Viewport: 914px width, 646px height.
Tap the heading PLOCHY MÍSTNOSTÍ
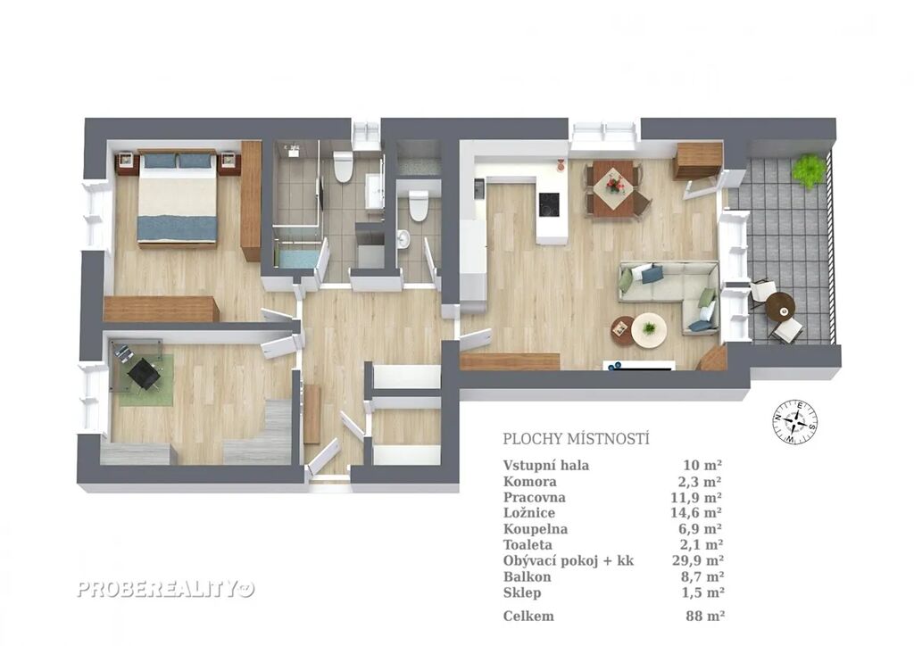tap(576, 439)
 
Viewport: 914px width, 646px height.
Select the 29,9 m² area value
tap(698, 561)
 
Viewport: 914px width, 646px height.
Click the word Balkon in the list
tap(527, 577)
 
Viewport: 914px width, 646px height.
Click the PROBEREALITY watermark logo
tap(166, 590)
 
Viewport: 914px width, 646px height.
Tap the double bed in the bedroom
tap(178, 198)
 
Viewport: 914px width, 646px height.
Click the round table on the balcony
tap(780, 304)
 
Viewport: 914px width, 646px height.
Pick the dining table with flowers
tap(613, 187)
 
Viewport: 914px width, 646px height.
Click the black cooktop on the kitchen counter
tap(550, 204)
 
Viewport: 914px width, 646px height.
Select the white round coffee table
tap(648, 331)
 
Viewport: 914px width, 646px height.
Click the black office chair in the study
tap(142, 372)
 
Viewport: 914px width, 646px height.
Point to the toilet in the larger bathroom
tap(342, 166)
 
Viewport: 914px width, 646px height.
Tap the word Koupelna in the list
tap(536, 529)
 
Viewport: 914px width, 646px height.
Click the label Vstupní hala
tap(546, 466)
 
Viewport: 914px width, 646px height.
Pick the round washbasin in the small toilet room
tap(403, 239)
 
